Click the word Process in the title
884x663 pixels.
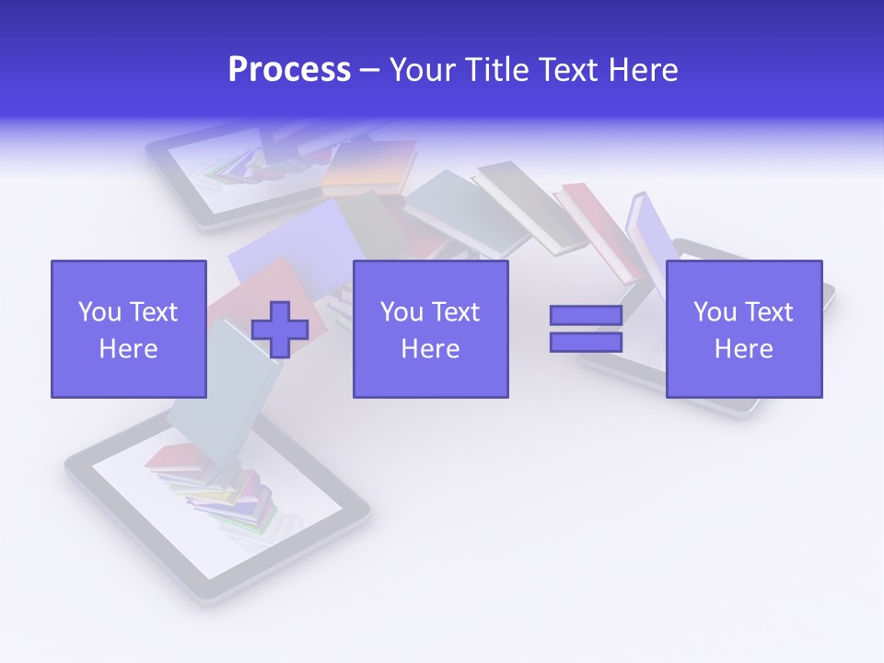point(289,70)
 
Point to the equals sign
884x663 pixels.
point(586,329)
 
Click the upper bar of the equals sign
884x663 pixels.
point(586,316)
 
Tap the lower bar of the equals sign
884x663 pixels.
point(586,342)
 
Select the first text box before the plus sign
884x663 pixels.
point(129,329)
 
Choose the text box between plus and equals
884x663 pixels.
point(430,329)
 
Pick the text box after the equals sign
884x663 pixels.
point(744,329)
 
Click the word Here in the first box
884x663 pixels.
point(129,349)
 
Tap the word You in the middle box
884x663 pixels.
point(401,312)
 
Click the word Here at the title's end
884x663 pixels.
point(644,70)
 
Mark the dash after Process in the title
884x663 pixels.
point(369,70)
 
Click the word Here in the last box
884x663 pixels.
point(744,349)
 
